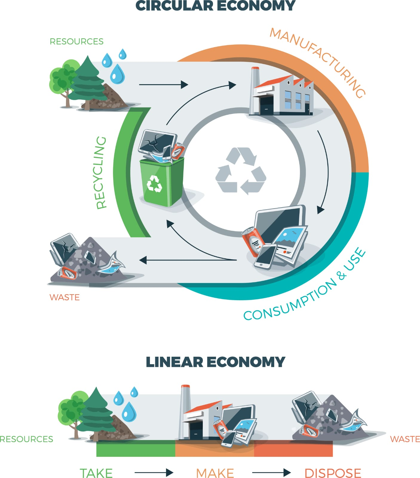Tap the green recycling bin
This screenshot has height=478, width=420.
tap(162, 182)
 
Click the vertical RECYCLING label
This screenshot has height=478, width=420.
tap(101, 173)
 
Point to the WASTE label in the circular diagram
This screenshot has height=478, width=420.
tap(65, 297)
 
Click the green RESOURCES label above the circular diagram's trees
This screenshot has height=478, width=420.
tap(76, 41)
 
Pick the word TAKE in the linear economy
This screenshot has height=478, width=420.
tap(96, 473)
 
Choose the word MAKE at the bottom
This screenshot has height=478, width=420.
tap(215, 473)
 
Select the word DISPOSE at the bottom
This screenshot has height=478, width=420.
tap(333, 473)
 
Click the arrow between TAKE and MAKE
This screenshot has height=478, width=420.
tap(154, 473)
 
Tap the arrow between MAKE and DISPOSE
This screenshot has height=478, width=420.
tap(271, 473)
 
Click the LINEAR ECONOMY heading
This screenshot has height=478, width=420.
tap(215, 362)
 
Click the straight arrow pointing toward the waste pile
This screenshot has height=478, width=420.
tap(188, 260)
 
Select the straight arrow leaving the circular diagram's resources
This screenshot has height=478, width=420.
tap(164, 85)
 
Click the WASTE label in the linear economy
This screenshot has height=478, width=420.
tap(405, 439)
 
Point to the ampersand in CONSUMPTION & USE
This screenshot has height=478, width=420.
tap(342, 275)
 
